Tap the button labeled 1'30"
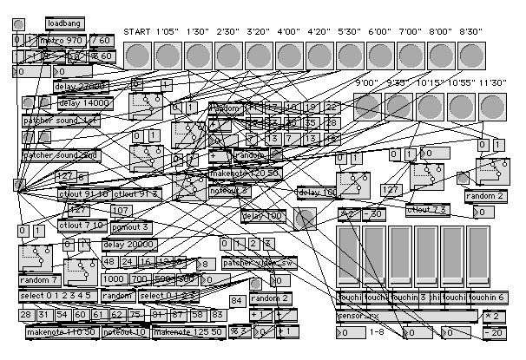tap(200, 56)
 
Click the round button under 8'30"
tap(471, 56)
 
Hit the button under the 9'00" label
tap(369, 107)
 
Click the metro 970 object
tap(62, 40)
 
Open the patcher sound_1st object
tap(61, 121)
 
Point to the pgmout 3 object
tap(131, 227)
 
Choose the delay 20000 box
tap(131, 245)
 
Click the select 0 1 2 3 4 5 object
tap(51, 297)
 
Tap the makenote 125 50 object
tap(188, 331)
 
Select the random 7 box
tap(39, 279)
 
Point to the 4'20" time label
tap(320, 32)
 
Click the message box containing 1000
tap(114, 279)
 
